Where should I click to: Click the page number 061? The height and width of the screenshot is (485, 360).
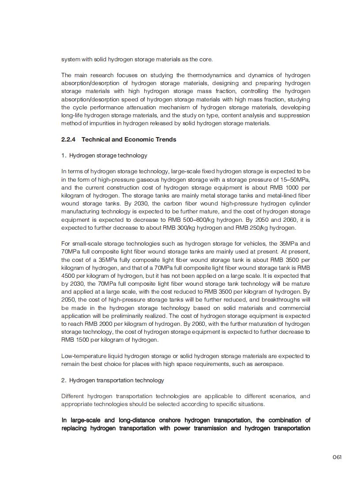click(x=337, y=457)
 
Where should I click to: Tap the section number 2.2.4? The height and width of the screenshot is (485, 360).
click(x=68, y=139)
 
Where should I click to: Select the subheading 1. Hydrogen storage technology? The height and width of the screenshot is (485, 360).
click(x=104, y=155)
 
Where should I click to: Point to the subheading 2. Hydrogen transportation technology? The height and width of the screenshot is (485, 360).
click(x=112, y=380)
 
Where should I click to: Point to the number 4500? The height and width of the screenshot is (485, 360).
click(x=69, y=276)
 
